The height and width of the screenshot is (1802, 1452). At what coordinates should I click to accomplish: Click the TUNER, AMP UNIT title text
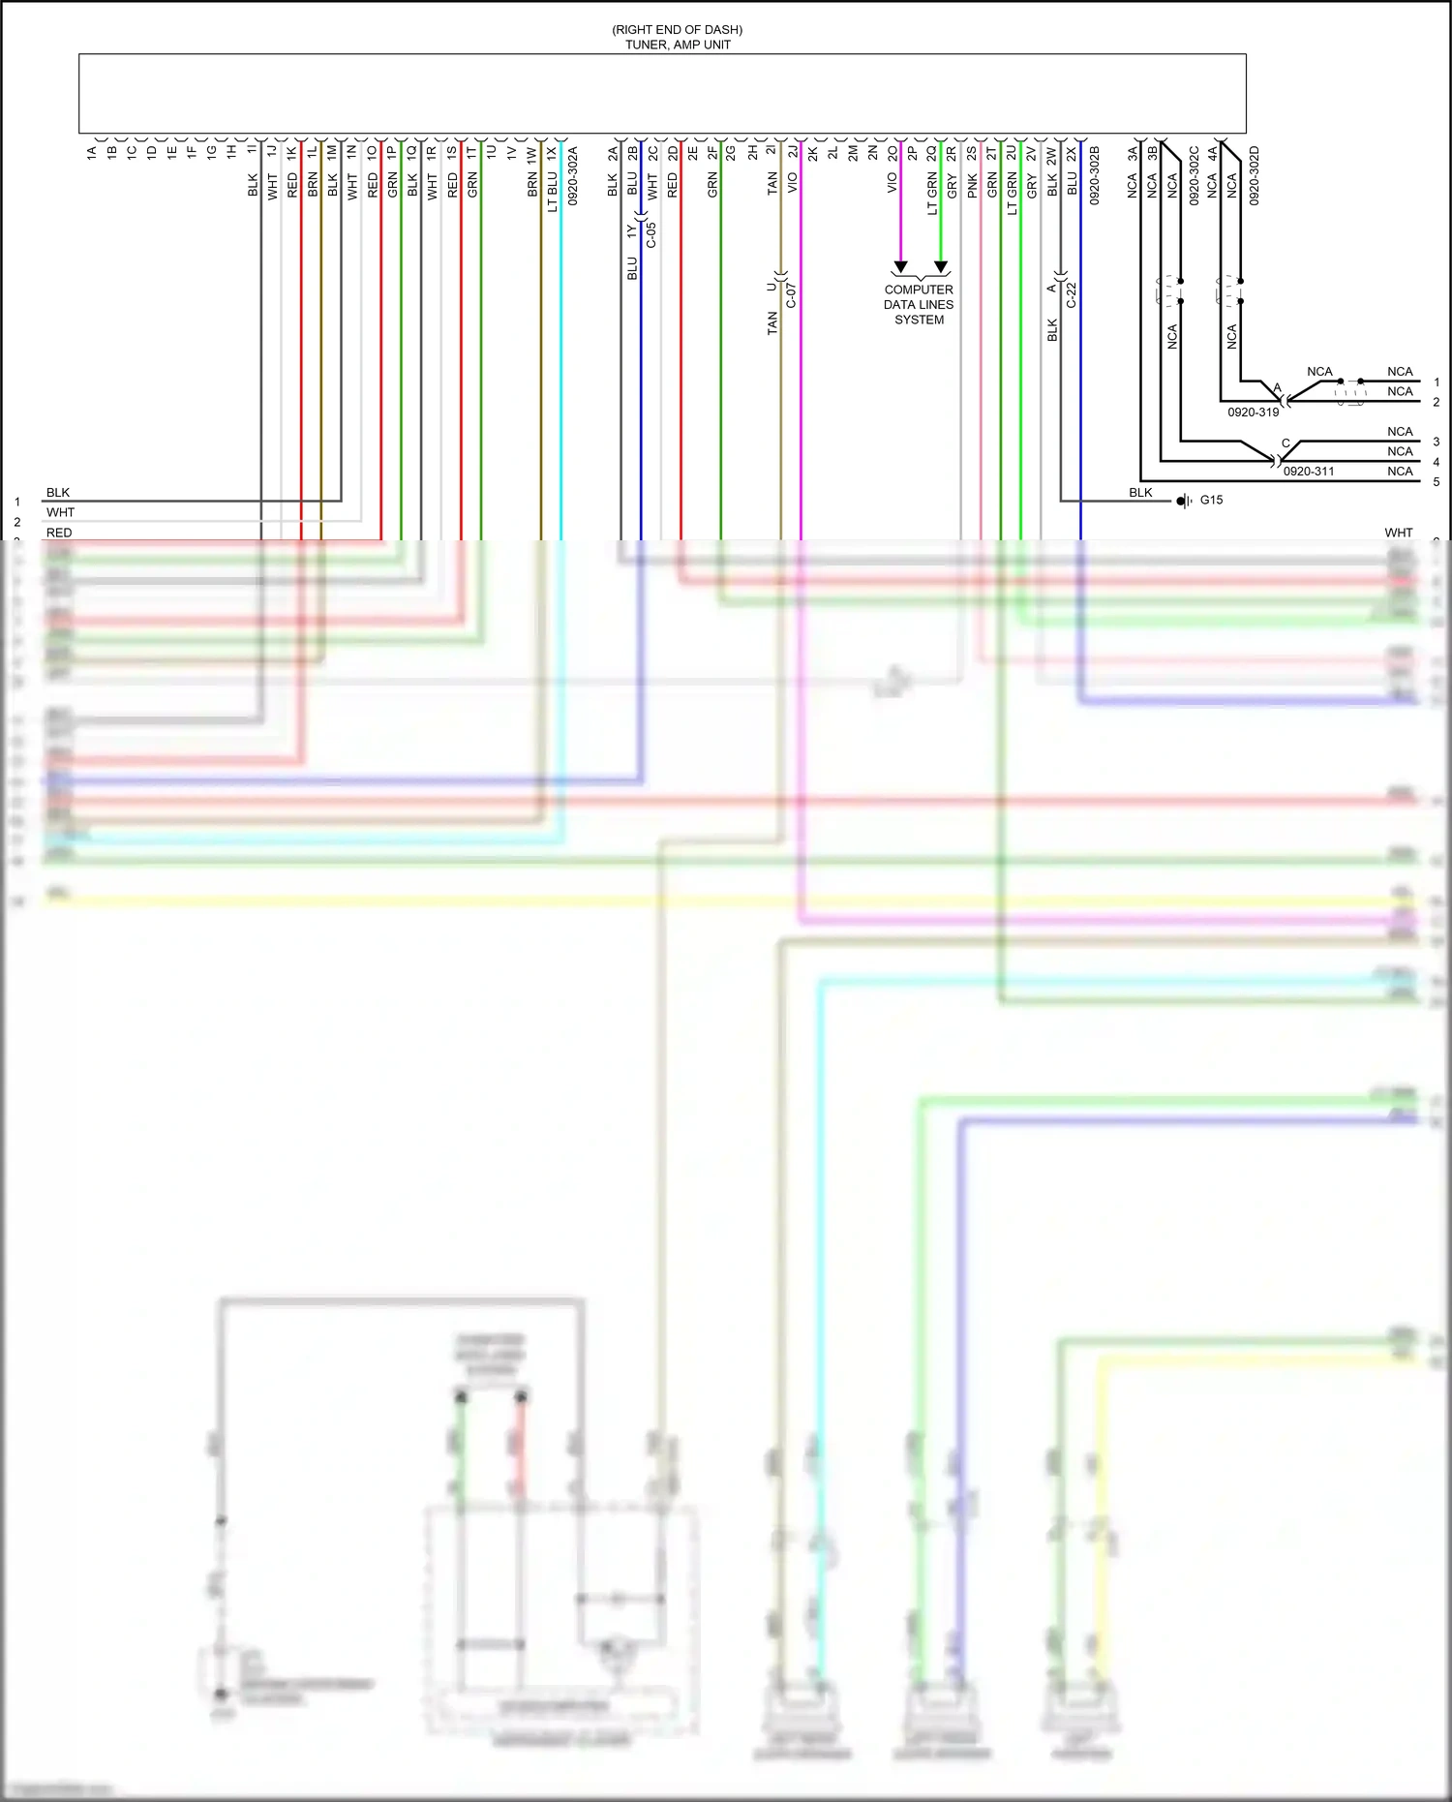click(678, 45)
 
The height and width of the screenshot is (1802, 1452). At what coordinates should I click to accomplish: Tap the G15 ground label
click(1211, 500)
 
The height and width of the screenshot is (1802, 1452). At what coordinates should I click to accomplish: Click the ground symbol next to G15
click(1184, 501)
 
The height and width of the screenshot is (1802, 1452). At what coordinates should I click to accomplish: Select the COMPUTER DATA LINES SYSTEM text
click(919, 304)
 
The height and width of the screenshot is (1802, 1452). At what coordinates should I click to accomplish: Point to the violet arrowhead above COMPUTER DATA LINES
click(900, 266)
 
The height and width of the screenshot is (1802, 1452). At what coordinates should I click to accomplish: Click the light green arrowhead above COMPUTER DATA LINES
click(941, 266)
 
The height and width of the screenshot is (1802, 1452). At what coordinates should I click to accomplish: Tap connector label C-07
click(791, 295)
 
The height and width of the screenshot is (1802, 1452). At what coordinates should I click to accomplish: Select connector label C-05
click(651, 235)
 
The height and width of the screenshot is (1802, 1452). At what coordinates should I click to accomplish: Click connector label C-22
click(1072, 295)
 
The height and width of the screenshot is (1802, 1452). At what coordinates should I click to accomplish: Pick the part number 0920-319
click(1253, 412)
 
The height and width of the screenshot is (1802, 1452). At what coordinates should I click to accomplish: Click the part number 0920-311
click(1309, 472)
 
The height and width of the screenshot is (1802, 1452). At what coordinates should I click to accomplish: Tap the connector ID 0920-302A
click(572, 175)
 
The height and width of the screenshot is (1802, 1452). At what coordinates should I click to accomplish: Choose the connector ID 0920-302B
click(1095, 175)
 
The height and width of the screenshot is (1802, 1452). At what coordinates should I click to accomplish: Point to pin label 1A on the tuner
click(92, 152)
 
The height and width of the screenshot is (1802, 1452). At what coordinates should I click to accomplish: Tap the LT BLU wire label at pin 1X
click(552, 192)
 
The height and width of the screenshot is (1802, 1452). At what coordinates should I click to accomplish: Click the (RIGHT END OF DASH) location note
click(678, 30)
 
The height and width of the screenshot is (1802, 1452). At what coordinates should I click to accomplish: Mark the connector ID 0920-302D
click(1254, 175)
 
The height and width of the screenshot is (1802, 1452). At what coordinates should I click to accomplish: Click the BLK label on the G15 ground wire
click(1140, 492)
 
